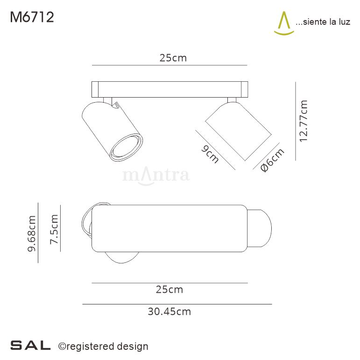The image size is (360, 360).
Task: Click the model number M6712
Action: [x=32, y=17]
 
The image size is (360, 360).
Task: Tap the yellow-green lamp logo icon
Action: [x=283, y=23]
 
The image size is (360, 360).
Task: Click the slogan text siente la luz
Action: [x=323, y=22]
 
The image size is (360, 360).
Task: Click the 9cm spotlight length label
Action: [x=210, y=154]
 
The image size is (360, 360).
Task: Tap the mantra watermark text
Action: [x=155, y=176]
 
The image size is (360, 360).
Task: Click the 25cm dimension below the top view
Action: [x=169, y=289]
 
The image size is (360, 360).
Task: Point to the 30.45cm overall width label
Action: [x=169, y=311]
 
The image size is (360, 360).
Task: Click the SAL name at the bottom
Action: [x=30, y=346]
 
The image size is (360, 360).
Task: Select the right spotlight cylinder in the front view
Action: [x=238, y=132]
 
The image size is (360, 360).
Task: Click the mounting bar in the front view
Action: [x=169, y=89]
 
